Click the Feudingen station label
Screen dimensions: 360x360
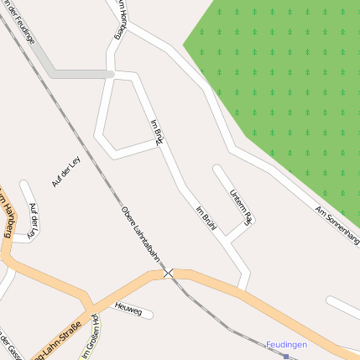[286, 344]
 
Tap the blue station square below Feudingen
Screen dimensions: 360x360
[286, 357]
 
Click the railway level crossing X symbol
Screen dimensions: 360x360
[169, 274]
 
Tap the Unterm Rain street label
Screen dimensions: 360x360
[239, 206]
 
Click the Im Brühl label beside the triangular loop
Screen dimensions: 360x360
[156, 133]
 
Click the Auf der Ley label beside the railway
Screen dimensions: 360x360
[65, 171]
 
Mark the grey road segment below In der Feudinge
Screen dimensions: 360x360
[80, 74]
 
